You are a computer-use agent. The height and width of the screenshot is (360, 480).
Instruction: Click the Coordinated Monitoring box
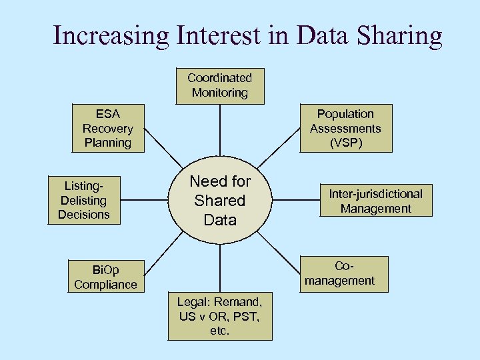pos(219,86)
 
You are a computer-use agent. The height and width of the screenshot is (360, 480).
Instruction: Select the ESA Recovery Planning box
pos(107,128)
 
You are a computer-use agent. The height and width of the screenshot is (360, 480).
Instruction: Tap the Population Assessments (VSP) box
pos(345,128)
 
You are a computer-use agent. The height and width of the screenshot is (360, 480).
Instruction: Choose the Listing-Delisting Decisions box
pos(83,200)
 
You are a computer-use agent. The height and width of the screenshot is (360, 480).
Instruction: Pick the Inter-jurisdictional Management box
pos(375,201)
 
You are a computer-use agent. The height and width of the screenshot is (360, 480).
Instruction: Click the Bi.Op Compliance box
pos(105,277)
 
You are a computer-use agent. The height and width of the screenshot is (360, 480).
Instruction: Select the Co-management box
pos(339,273)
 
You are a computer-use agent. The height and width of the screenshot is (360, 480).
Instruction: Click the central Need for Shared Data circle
pos(220,200)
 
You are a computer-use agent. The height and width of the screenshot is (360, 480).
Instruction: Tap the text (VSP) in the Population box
pos(345,143)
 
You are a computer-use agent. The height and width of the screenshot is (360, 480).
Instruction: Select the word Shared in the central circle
pos(220,200)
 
